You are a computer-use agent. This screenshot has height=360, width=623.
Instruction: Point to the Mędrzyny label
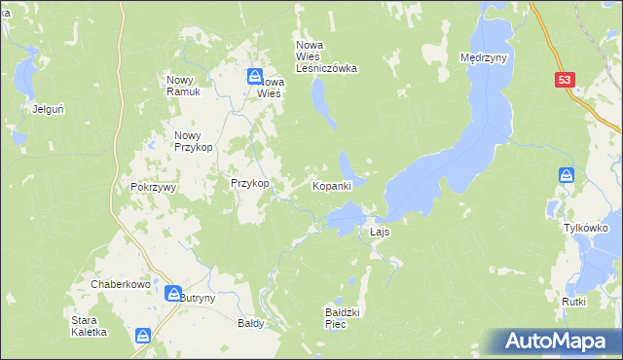(484, 58)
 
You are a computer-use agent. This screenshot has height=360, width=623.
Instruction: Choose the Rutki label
(573, 302)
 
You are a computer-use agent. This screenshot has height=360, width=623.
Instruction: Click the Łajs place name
(381, 234)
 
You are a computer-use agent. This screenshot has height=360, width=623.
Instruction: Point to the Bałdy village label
(251, 322)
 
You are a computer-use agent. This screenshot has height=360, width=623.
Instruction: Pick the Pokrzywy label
(152, 187)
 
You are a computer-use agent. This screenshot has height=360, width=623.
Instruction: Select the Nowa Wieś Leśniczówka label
(327, 56)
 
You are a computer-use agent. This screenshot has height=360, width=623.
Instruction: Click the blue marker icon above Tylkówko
(568, 175)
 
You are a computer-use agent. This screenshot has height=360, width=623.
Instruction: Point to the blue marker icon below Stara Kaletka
(143, 336)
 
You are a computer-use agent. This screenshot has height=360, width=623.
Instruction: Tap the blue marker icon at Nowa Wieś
(254, 76)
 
